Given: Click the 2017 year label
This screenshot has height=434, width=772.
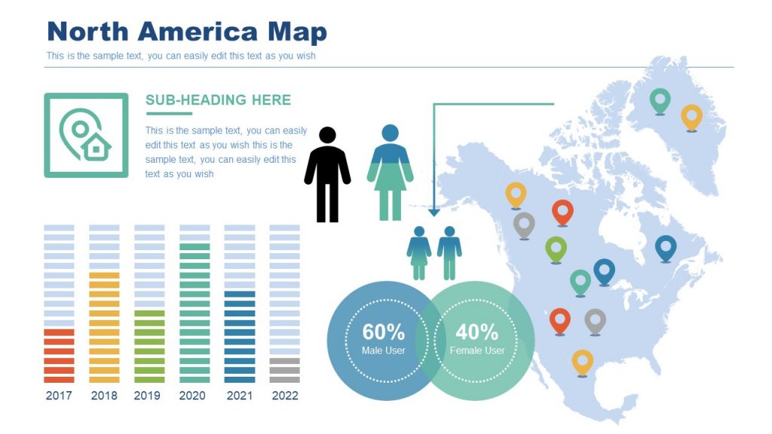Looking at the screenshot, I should pyautogui.click(x=59, y=396).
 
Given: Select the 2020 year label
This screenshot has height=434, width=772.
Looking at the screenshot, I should pyautogui.click(x=192, y=396).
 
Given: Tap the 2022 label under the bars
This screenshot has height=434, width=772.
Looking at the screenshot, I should pyautogui.click(x=284, y=396).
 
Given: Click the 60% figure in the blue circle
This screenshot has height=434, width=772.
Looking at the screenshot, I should pyautogui.click(x=383, y=332).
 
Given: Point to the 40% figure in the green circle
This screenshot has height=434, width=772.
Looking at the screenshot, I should pyautogui.click(x=476, y=332).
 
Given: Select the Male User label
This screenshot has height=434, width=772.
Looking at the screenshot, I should pyautogui.click(x=383, y=350).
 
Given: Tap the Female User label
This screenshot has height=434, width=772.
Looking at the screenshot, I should pyautogui.click(x=476, y=350).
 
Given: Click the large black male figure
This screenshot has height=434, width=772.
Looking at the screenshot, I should pyautogui.click(x=327, y=175).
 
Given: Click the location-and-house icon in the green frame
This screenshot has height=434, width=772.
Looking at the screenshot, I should pyautogui.click(x=86, y=136).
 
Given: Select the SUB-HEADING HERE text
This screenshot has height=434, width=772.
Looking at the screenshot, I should pyautogui.click(x=218, y=100).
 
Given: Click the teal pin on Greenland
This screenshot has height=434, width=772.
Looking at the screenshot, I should pyautogui.click(x=660, y=101).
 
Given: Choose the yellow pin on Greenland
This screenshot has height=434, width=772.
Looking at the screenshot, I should pyautogui.click(x=691, y=117).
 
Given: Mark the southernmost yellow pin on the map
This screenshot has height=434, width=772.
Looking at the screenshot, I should pyautogui.click(x=582, y=362).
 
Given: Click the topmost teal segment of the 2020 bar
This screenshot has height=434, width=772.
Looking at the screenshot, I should pyautogui.click(x=195, y=247).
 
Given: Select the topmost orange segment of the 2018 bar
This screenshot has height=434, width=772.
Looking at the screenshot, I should pyautogui.click(x=104, y=276).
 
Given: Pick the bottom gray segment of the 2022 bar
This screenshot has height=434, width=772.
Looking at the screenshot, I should pyautogui.click(x=284, y=379).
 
